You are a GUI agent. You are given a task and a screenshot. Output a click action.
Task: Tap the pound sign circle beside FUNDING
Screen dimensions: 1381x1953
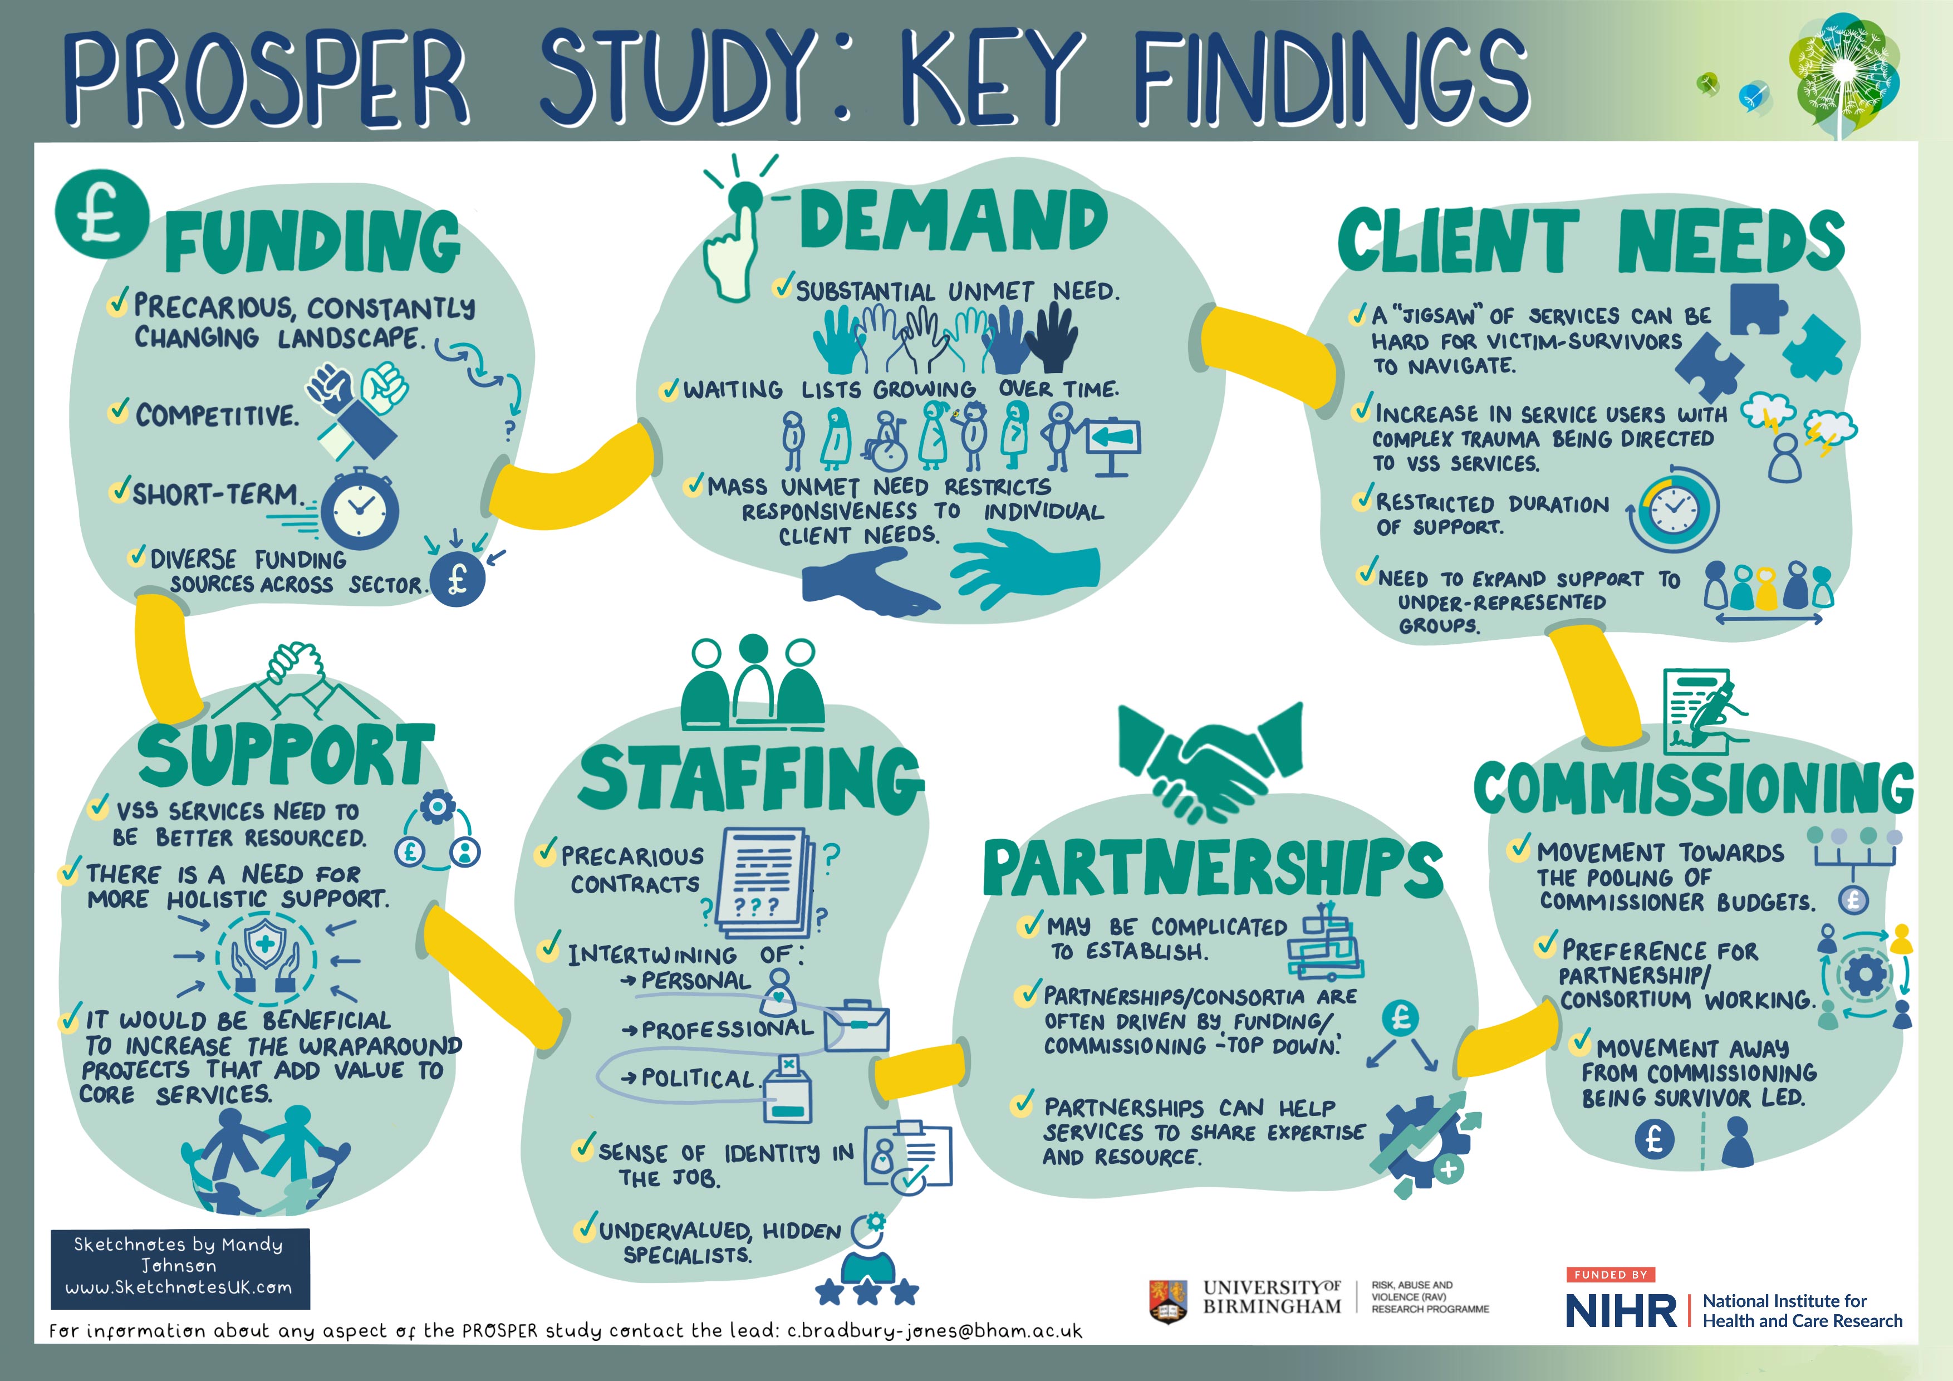pyautogui.click(x=101, y=214)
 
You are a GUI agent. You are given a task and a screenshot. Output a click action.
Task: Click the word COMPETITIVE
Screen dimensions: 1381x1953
pyautogui.click(x=217, y=415)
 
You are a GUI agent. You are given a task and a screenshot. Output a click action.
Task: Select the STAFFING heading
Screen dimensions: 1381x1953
pyautogui.click(x=750, y=778)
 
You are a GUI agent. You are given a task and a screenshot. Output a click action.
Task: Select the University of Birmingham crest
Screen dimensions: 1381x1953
pyautogui.click(x=1168, y=1301)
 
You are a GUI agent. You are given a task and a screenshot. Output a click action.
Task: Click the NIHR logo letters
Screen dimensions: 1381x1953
pyautogui.click(x=1621, y=1311)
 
